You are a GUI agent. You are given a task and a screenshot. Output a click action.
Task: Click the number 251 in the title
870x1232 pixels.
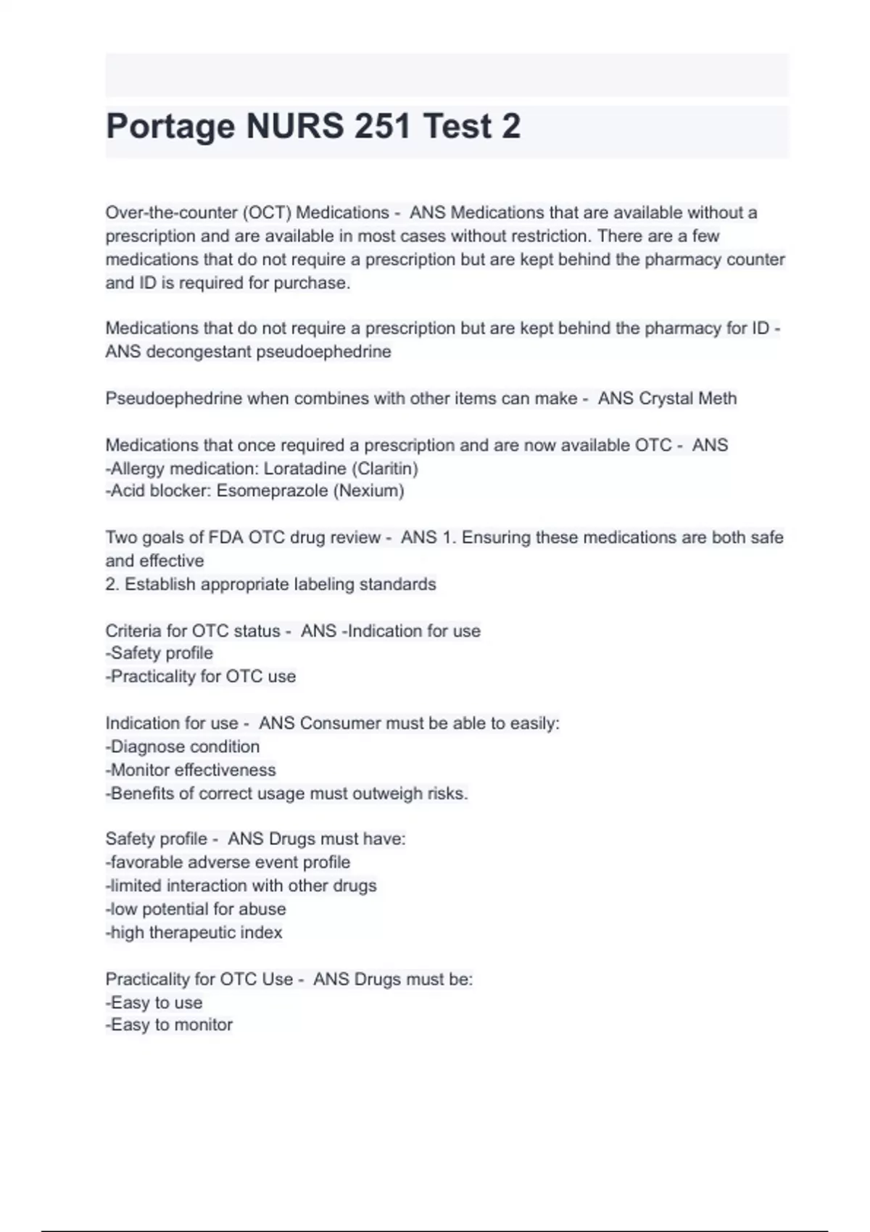(x=385, y=126)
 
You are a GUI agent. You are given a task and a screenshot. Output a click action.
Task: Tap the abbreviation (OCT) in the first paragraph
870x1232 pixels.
(x=267, y=213)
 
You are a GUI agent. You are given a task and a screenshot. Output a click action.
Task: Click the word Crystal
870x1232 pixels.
(x=666, y=399)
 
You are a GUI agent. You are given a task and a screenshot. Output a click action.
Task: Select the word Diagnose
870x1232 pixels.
(x=147, y=747)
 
